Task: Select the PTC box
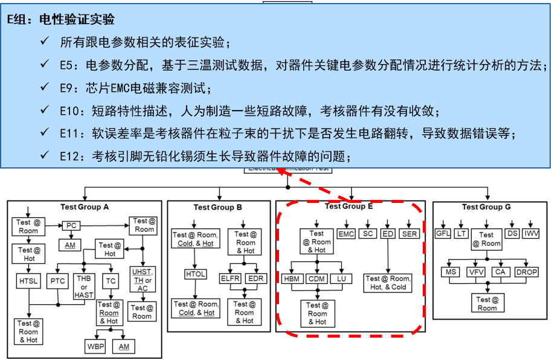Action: click(x=59, y=280)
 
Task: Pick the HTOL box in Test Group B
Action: click(x=195, y=274)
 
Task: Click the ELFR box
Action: click(x=231, y=278)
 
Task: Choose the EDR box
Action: click(x=257, y=278)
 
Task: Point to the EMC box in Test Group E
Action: click(x=346, y=233)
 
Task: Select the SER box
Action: click(x=409, y=233)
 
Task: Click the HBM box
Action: click(x=292, y=278)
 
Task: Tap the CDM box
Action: click(x=317, y=278)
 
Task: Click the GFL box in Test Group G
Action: click(x=444, y=233)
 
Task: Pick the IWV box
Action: click(x=532, y=233)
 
